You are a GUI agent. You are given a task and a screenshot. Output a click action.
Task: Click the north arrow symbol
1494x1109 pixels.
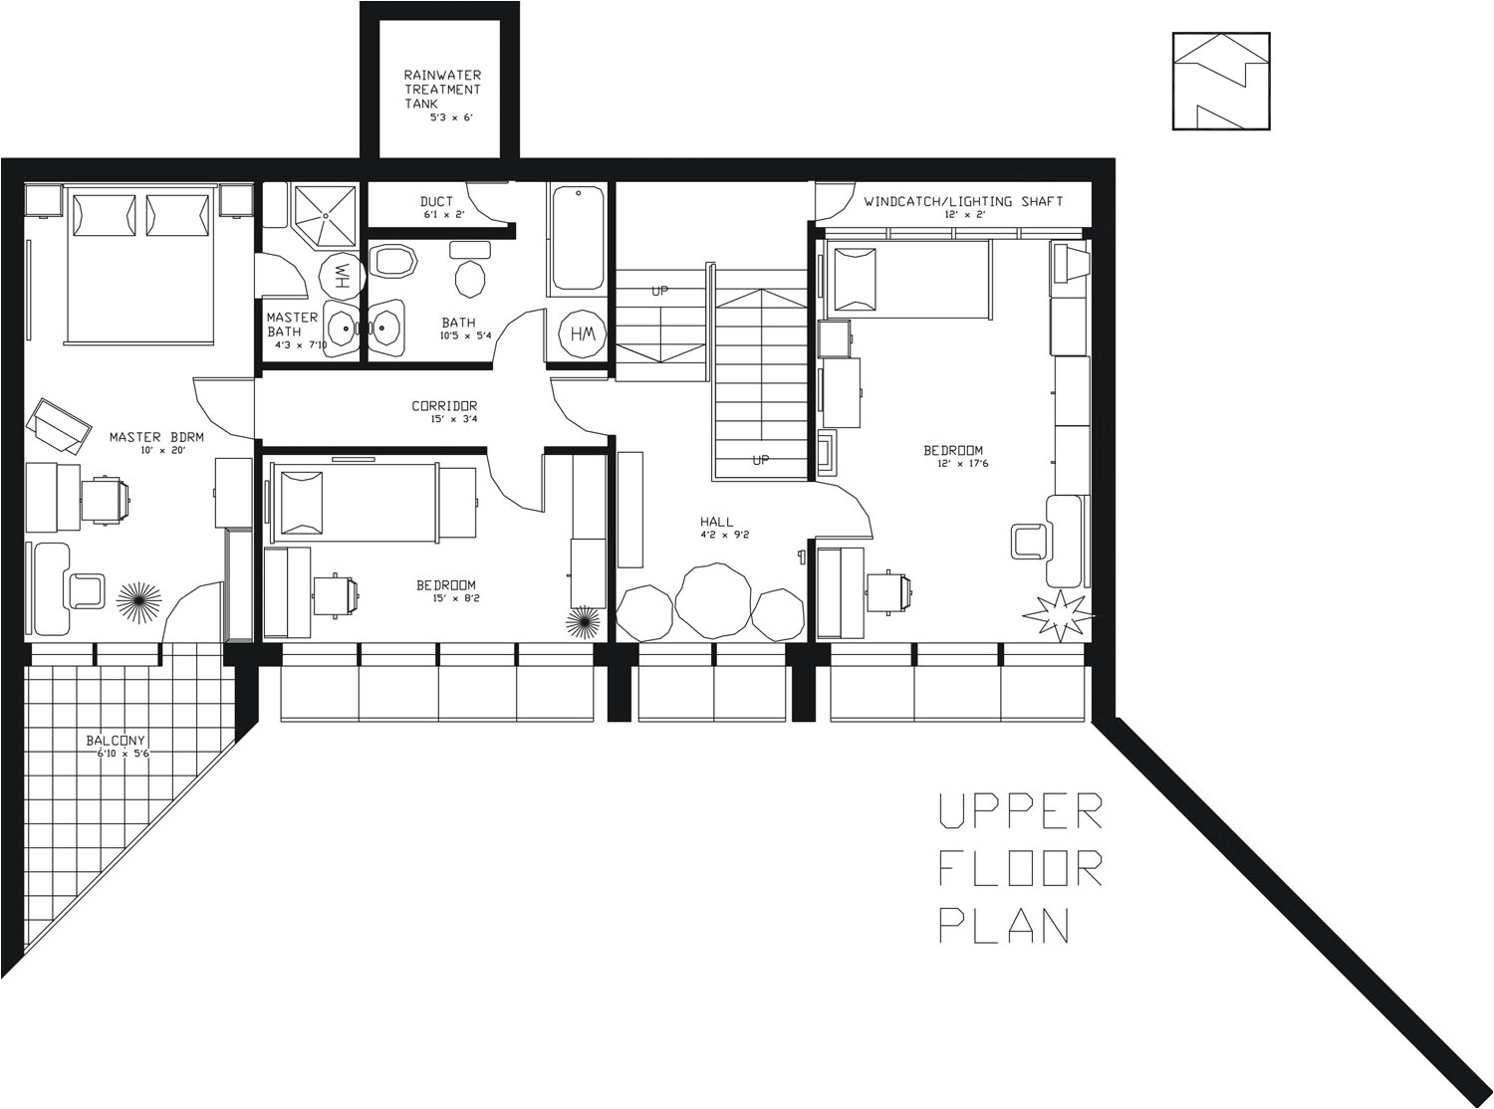pos(1221,82)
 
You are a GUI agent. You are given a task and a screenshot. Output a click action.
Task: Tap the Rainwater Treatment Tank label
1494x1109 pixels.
pos(441,89)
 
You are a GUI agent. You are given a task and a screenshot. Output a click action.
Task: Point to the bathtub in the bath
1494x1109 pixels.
pos(577,239)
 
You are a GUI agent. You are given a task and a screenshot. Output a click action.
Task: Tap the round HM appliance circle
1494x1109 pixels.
pos(581,334)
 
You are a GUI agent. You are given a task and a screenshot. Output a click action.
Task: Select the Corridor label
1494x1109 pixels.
pos(444,405)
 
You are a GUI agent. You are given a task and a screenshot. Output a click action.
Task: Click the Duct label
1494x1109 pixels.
pos(436,202)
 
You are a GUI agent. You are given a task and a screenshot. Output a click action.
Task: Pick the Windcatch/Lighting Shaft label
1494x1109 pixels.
pos(963,201)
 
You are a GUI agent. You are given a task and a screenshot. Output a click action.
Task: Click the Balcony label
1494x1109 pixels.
pos(116,740)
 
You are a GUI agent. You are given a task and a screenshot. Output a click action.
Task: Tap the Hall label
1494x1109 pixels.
pos(716,522)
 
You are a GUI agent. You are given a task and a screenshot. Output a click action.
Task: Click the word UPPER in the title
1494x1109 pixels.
pos(1020,811)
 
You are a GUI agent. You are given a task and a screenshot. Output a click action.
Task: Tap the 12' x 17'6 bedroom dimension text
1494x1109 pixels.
pos(962,463)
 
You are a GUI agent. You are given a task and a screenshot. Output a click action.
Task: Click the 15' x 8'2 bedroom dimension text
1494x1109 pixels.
pos(445,598)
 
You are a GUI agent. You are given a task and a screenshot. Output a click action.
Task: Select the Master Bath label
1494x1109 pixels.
pos(292,324)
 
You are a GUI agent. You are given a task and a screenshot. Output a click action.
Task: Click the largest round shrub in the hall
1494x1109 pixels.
pos(713,600)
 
